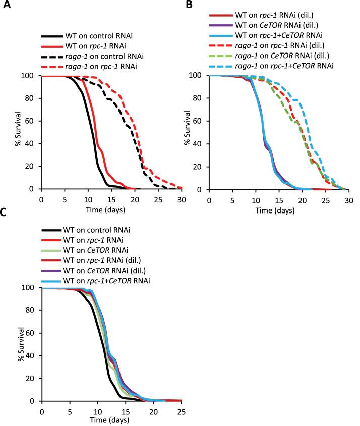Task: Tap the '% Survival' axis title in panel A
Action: (18, 132)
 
